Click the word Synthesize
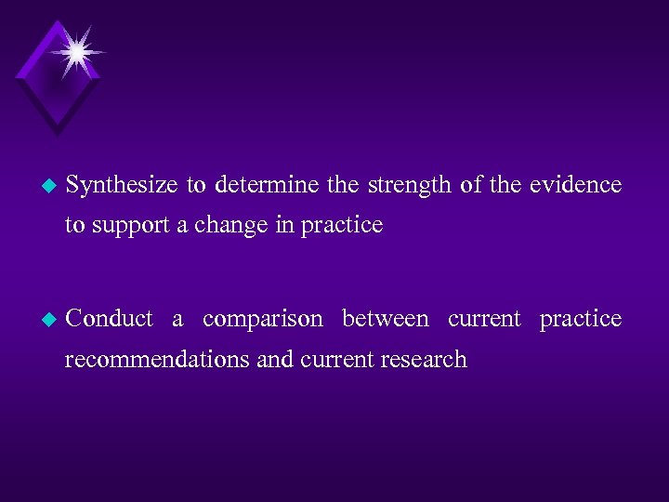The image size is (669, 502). click(122, 185)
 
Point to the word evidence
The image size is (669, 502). click(575, 185)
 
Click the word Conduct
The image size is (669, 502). click(110, 319)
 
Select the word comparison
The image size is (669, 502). click(263, 319)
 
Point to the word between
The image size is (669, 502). click(386, 319)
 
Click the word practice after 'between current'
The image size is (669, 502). click(581, 319)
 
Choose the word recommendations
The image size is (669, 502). click(158, 360)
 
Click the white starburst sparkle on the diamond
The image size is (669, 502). click(75, 50)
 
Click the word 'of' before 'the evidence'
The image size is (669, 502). click(471, 185)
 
